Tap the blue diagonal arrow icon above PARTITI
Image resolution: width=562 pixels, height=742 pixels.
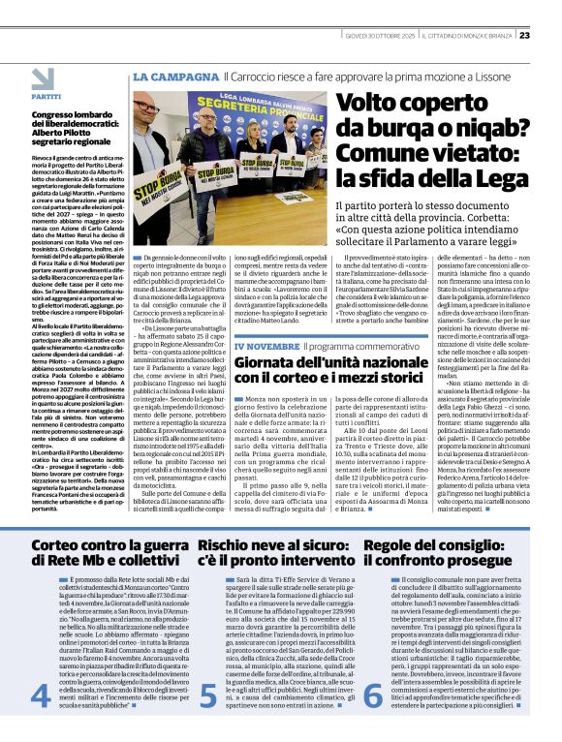click(x=44, y=78)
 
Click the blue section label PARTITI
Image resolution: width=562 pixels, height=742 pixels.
click(x=45, y=98)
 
